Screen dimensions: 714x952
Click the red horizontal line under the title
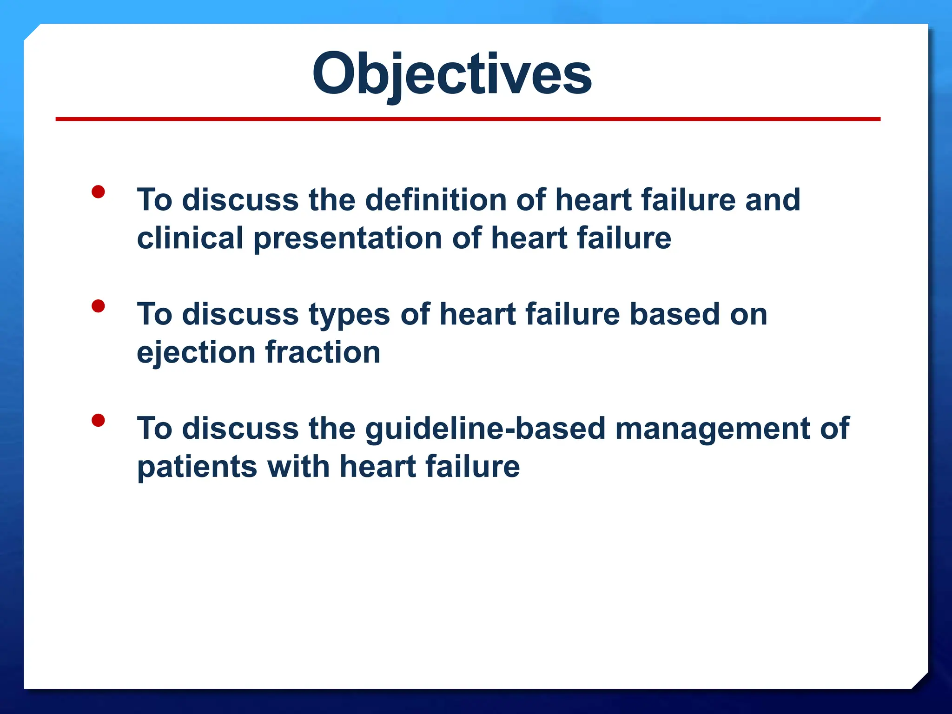click(468, 119)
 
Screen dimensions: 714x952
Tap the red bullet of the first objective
click(98, 192)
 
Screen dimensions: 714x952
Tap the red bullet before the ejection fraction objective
click(98, 306)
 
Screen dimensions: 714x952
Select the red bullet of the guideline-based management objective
click(98, 421)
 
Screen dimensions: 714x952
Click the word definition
click(436, 200)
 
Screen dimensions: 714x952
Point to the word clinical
click(190, 238)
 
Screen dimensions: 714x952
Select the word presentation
click(348, 239)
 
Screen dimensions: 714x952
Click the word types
click(349, 315)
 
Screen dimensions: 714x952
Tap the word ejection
click(196, 353)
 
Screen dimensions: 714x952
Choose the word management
click(712, 429)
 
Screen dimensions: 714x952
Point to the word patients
click(197, 467)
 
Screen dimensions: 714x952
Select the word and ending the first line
click(773, 200)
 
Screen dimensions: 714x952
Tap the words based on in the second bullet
click(698, 314)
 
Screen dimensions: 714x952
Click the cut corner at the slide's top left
click(32, 32)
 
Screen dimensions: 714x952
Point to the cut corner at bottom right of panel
click(920, 681)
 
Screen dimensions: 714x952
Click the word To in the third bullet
click(154, 429)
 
